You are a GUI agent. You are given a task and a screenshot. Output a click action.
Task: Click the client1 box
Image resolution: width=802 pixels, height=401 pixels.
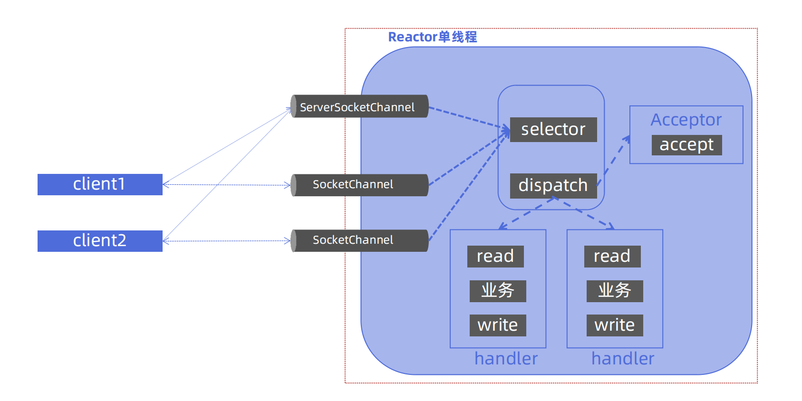[x=100, y=184]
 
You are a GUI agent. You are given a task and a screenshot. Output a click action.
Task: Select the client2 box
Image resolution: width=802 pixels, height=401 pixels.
[x=100, y=241]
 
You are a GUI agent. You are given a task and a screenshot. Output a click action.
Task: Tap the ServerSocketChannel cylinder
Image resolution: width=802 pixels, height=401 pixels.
[x=359, y=106]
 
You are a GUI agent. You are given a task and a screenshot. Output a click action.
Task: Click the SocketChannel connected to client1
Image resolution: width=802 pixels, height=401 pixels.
[x=359, y=185]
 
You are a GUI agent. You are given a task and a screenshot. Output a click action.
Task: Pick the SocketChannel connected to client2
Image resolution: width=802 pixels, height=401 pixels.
[x=359, y=240]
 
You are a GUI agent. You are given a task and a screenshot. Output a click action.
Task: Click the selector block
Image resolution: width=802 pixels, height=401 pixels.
[x=553, y=129]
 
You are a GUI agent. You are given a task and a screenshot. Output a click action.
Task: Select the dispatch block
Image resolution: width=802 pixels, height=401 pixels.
[x=553, y=185]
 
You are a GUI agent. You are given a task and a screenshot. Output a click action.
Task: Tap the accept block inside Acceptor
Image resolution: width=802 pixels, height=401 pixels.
[x=686, y=144]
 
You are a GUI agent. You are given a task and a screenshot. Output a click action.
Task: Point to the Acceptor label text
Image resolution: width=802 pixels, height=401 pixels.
[x=686, y=120]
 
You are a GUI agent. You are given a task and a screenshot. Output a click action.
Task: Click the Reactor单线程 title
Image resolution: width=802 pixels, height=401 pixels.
[x=432, y=37]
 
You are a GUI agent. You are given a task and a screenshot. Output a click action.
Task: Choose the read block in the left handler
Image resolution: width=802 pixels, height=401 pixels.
[x=495, y=256]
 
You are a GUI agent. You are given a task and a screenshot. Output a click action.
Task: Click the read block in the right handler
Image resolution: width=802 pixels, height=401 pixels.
[x=612, y=256]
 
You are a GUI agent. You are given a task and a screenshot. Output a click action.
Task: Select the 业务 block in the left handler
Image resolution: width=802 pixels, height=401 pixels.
[x=498, y=291]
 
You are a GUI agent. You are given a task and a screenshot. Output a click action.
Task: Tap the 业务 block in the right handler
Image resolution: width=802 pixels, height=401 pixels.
[x=615, y=291]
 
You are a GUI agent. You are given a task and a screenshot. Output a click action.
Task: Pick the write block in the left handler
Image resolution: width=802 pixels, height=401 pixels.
[x=498, y=325]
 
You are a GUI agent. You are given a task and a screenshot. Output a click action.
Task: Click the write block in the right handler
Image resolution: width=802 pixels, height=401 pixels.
[x=615, y=325]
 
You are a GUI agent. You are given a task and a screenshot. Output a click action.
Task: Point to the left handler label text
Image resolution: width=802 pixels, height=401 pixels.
[x=506, y=359]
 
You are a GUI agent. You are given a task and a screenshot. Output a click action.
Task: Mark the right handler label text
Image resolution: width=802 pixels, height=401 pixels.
[x=623, y=359]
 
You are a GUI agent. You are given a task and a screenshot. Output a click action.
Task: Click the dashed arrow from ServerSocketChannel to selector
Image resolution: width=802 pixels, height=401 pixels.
[x=468, y=118]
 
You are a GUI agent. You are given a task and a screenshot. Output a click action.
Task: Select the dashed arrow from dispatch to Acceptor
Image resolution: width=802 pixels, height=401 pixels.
[x=614, y=159]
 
